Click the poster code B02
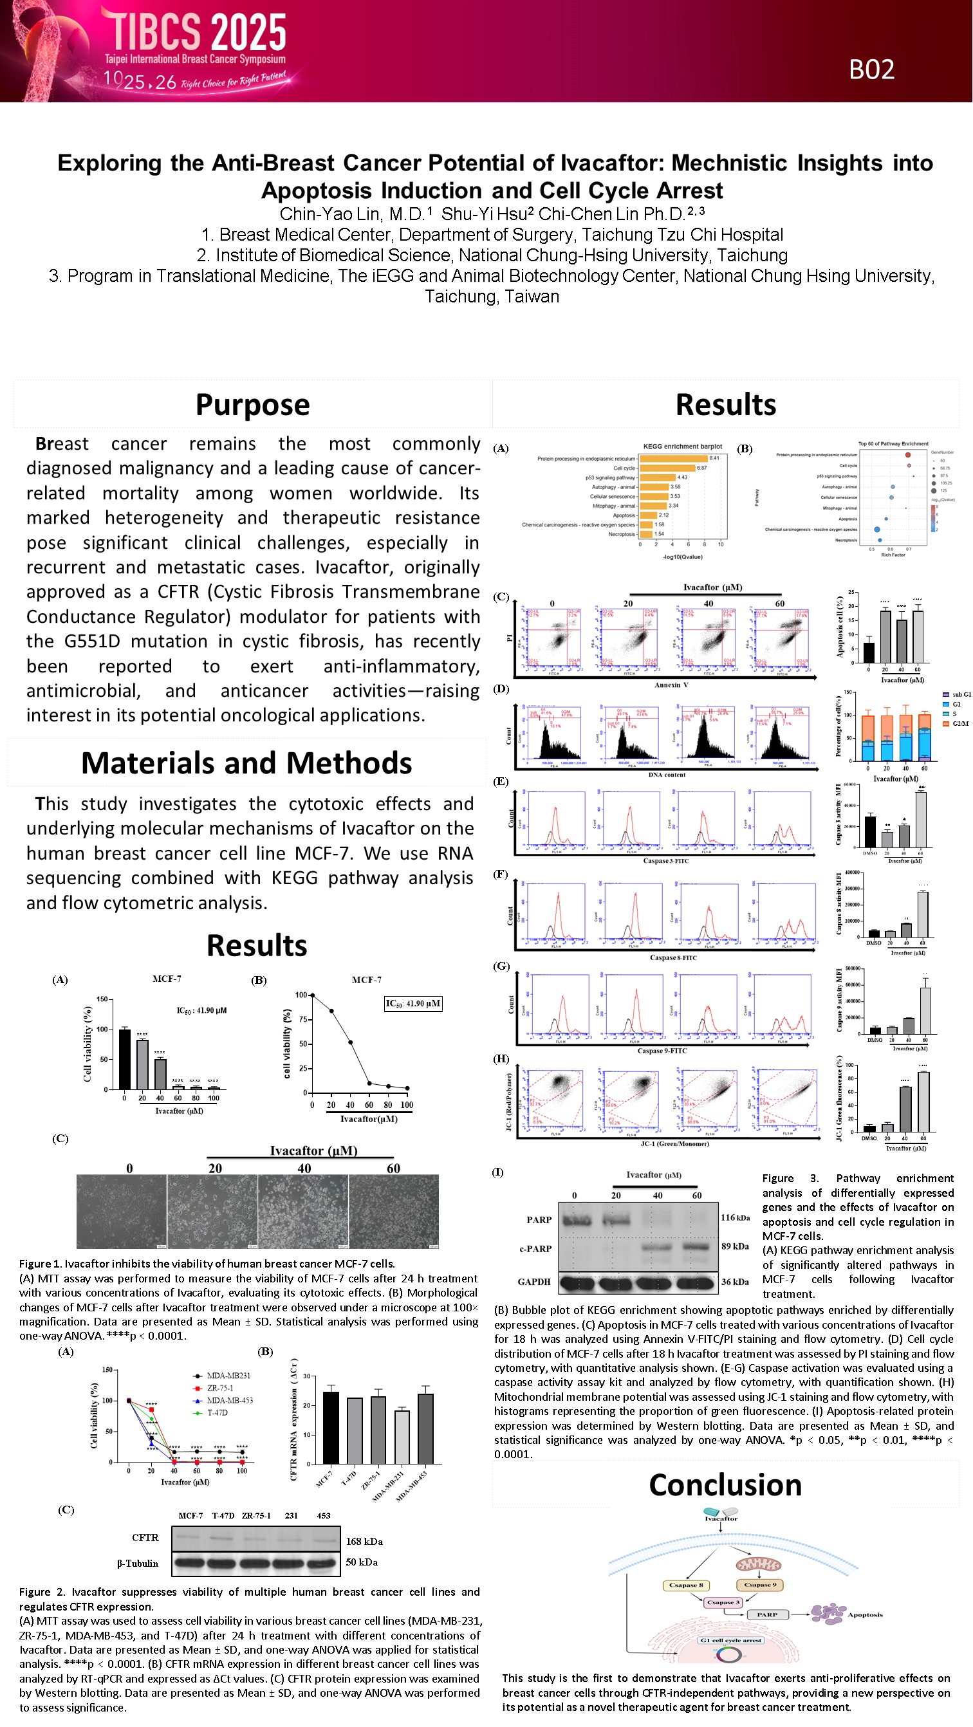871,69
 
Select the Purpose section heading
252,405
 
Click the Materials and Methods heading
246,764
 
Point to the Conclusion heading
725,1485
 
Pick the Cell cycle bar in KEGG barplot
667,468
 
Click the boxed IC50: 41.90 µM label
412,1004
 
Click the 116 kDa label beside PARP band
735,1217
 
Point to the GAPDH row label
533,1282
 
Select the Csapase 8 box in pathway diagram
686,1585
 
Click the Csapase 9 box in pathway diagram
760,1585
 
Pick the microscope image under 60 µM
394,1212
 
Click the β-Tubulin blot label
138,1564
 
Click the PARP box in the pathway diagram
767,1615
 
